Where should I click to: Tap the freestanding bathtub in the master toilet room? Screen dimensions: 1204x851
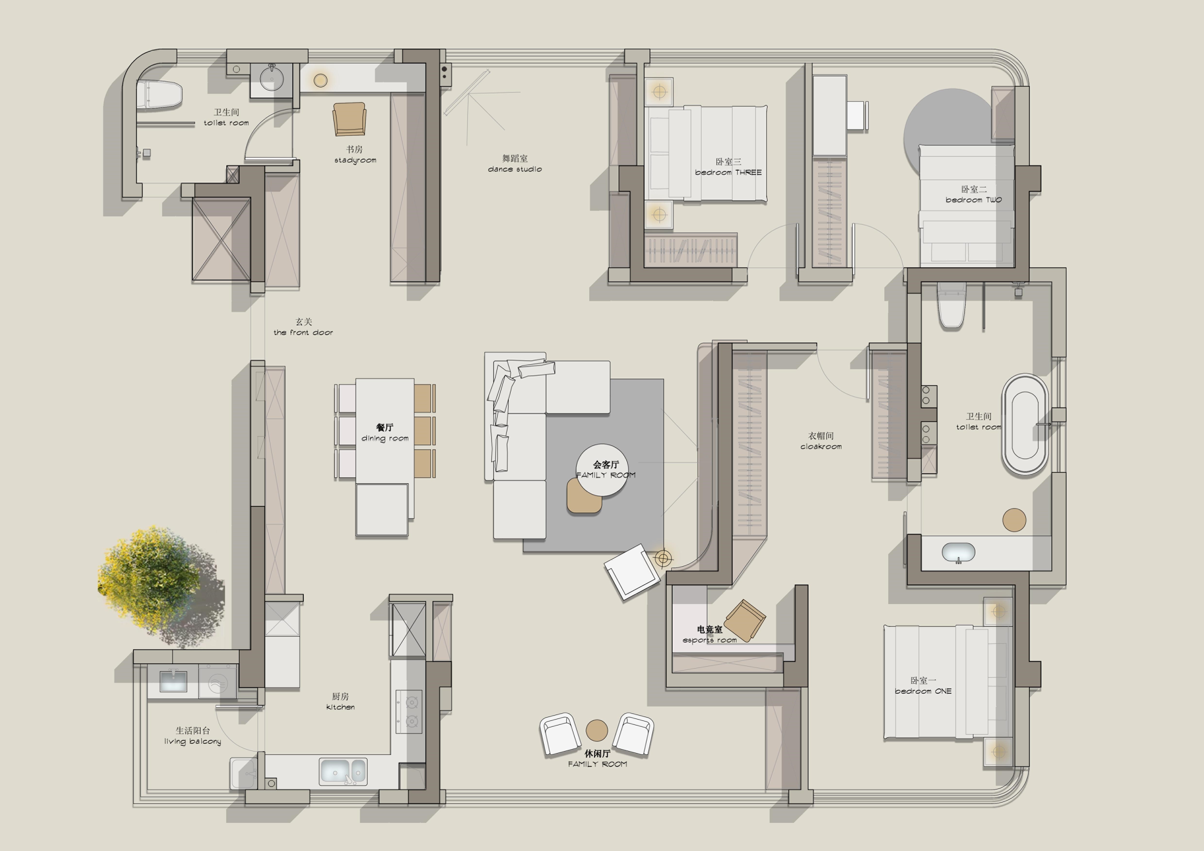click(x=1025, y=425)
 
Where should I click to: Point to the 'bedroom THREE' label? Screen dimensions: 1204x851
click(x=728, y=172)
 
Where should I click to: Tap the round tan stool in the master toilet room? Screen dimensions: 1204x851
click(x=1014, y=520)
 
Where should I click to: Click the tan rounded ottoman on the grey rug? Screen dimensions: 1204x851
click(x=584, y=496)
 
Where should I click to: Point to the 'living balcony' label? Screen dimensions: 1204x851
click(x=192, y=742)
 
